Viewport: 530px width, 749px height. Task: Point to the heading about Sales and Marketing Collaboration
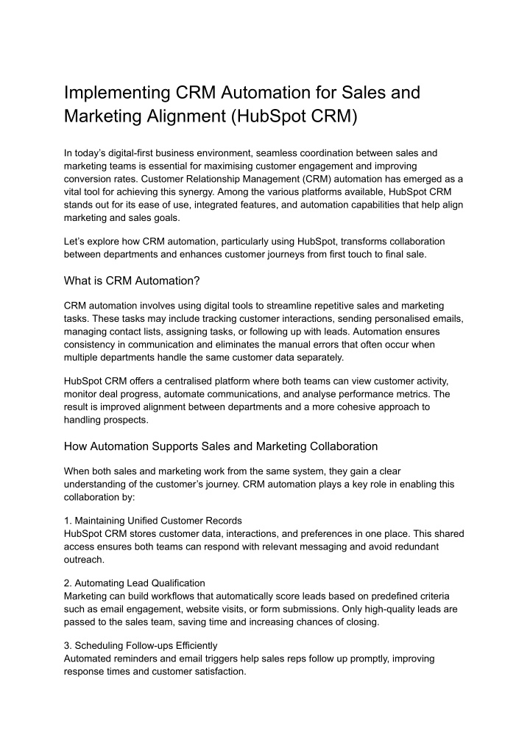221,446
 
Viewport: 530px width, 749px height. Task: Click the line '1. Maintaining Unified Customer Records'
152,521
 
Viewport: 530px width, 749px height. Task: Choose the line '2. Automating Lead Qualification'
135,583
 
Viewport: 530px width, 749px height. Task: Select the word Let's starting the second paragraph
75,242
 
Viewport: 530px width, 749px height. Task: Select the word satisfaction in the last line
215,671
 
